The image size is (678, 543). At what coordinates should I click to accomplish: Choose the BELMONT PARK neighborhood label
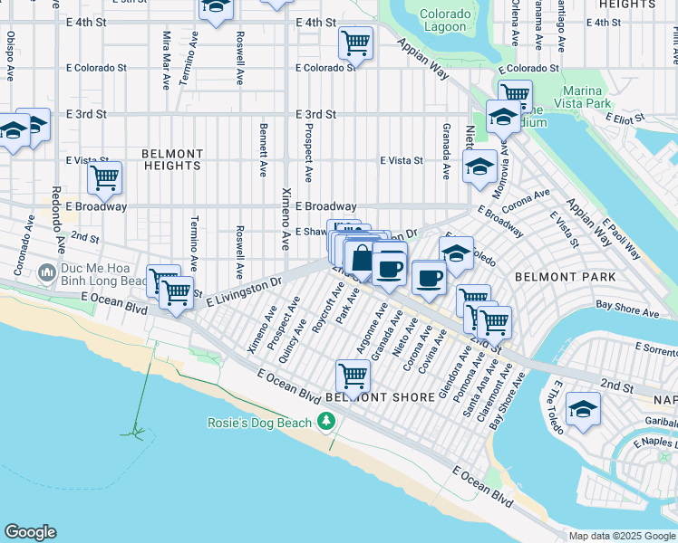pos(565,276)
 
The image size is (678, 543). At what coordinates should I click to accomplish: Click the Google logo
pos(30,532)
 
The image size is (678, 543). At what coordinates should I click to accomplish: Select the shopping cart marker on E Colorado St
pos(356,43)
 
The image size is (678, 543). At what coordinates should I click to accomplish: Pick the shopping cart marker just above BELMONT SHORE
pos(352,374)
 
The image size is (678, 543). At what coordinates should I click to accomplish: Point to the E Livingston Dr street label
pos(245,292)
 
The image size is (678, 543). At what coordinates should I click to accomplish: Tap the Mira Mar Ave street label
pos(167,60)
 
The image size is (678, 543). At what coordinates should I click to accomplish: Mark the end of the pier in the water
pos(136,431)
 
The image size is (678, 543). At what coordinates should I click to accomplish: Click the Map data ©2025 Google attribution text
pos(621,536)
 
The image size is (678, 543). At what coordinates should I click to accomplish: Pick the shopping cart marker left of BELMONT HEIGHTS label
pos(105,178)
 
